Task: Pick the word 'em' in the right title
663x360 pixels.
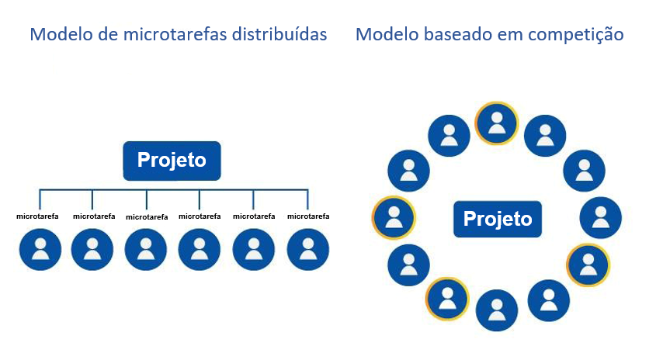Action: (x=504, y=35)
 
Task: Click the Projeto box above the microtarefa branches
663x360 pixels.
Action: (x=172, y=161)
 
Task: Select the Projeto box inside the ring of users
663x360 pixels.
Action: (x=498, y=219)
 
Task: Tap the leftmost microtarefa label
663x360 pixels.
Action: (x=39, y=216)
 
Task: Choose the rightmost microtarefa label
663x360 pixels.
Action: (x=308, y=216)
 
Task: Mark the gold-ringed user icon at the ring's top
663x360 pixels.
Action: (x=497, y=123)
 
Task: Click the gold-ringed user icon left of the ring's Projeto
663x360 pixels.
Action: (x=394, y=217)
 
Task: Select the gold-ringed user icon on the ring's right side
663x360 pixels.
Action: (x=588, y=265)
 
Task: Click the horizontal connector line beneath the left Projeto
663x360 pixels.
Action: (x=175, y=189)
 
